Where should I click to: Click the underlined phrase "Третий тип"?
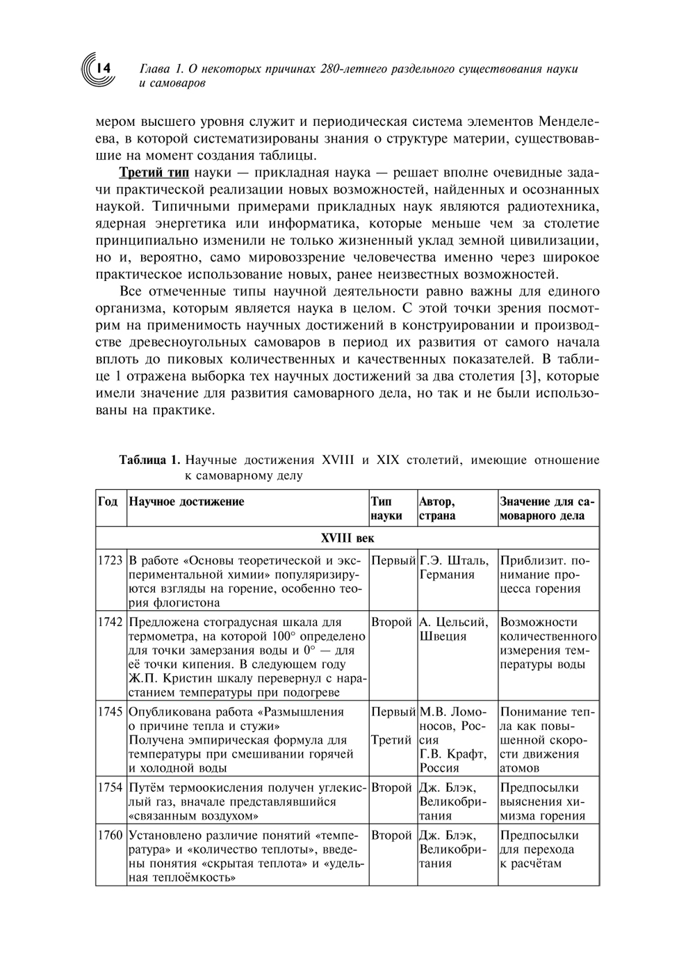pyautogui.click(x=154, y=173)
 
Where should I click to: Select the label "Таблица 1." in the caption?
pyautogui.click(x=150, y=460)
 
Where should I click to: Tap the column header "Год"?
pyautogui.click(x=108, y=502)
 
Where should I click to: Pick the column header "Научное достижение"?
pyautogui.click(x=187, y=502)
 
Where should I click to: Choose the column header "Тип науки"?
pyautogui.click(x=387, y=509)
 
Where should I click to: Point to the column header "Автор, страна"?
pyautogui.click(x=439, y=509)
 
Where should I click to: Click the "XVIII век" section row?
pyautogui.click(x=347, y=538)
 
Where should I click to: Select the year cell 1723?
pyautogui.click(x=111, y=561)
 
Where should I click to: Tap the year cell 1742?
pyautogui.click(x=111, y=622)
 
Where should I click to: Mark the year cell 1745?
pyautogui.click(x=111, y=712)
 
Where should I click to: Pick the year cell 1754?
pyautogui.click(x=111, y=788)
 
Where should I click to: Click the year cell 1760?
pyautogui.click(x=111, y=835)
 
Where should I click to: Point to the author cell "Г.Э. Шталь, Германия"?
pyautogui.click(x=455, y=568)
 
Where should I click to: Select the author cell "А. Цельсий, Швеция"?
pyautogui.click(x=455, y=629)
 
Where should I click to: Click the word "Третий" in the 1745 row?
pyautogui.click(x=392, y=740)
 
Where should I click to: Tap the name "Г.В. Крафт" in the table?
pyautogui.click(x=453, y=754)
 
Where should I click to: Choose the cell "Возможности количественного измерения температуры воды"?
pyautogui.click(x=548, y=643)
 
